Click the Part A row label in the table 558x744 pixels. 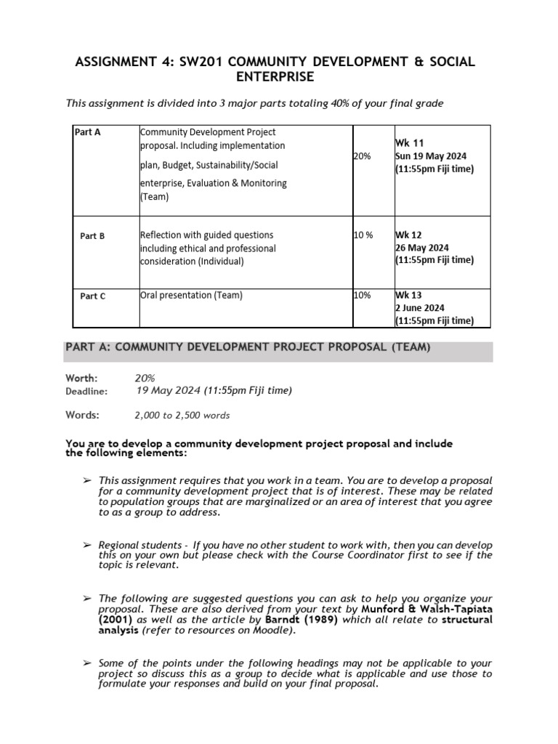point(87,133)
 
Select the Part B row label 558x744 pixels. point(92,236)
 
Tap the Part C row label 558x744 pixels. point(92,296)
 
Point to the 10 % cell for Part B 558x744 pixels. point(363,235)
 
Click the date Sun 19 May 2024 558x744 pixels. point(431,156)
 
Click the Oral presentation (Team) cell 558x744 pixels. point(191,295)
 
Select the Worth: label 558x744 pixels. point(81,378)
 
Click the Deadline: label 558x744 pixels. point(86,391)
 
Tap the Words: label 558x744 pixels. point(82,415)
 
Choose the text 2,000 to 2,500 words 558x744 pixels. point(182,416)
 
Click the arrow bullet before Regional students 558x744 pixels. point(86,545)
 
